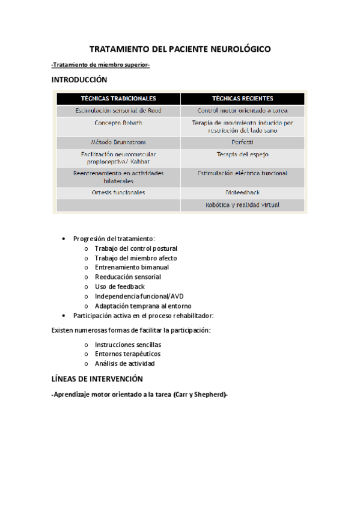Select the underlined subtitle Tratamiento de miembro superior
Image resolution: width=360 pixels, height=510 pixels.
point(100,65)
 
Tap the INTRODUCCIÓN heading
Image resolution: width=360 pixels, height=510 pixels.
point(79,80)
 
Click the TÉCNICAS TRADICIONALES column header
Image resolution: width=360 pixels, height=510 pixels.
point(118,98)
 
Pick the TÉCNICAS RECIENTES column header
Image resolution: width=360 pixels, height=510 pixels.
point(242,98)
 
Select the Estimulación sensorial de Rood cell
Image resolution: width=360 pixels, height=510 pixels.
point(118,111)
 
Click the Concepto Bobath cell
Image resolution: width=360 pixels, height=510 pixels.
point(118,123)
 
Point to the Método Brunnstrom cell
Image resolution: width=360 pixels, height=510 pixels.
point(118,143)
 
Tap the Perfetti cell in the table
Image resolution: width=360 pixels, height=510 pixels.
point(242,143)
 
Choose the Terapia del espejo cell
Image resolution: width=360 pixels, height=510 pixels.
point(242,155)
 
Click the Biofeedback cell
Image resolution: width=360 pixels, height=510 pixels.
point(242,193)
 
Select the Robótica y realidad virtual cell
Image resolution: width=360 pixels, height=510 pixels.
point(242,205)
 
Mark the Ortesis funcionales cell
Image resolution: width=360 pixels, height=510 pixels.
point(118,193)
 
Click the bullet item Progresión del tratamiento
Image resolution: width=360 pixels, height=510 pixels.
point(114,239)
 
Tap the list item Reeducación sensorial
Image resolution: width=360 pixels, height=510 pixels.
point(127,277)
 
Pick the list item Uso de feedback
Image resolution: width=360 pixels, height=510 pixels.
point(120,287)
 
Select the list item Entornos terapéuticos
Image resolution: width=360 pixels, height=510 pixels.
point(127,354)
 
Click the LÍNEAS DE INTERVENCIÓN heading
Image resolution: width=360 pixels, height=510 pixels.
point(97,379)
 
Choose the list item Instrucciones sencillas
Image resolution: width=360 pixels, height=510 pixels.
point(128,345)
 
